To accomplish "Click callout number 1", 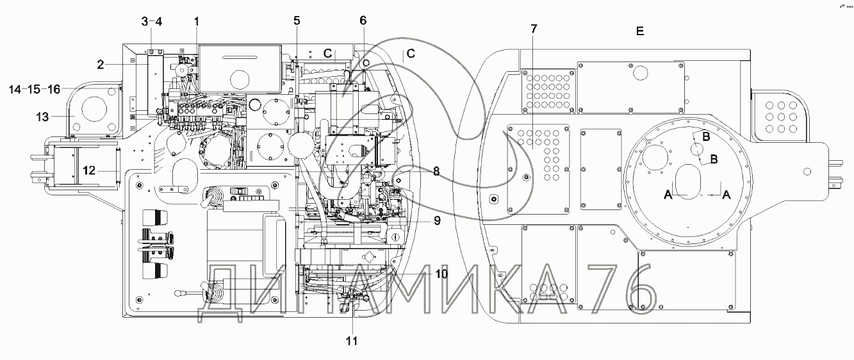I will [197, 21].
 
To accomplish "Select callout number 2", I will [101, 63].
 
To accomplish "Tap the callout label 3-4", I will [152, 21].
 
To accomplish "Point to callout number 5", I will [297, 20].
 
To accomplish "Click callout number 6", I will [363, 20].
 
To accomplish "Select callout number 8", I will [436, 171].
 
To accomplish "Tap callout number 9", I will [436, 221].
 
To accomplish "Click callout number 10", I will [441, 274].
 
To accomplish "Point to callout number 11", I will [350, 341].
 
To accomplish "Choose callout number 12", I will [89, 170].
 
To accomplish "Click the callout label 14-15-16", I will [35, 90].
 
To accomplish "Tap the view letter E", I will [639, 31].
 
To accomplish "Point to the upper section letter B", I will [705, 136].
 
